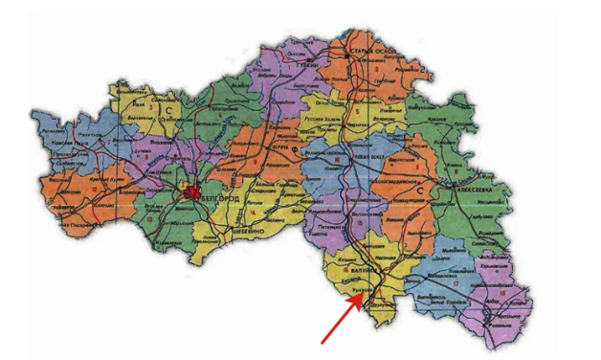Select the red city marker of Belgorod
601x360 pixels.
point(191,192)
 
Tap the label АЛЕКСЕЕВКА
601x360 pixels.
point(456,190)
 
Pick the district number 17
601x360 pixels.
point(456,284)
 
